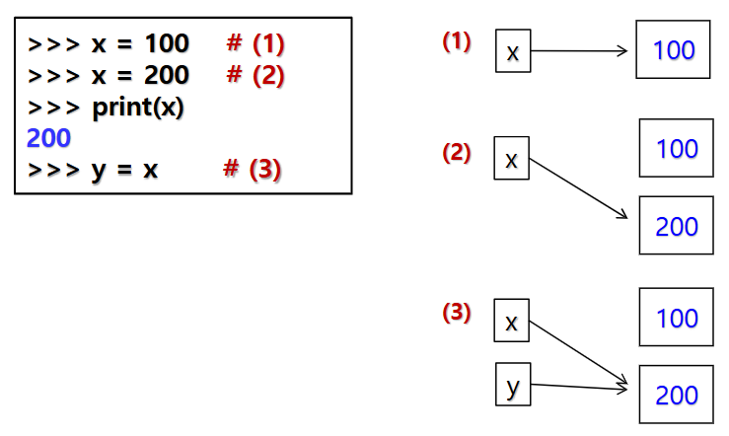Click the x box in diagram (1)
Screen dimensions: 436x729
pyautogui.click(x=513, y=52)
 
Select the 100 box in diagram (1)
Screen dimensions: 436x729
pyautogui.click(x=674, y=50)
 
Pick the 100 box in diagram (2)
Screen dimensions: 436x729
pyautogui.click(x=676, y=149)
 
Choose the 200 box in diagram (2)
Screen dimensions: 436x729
pyautogui.click(x=676, y=226)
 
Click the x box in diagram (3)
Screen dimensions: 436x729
pyautogui.click(x=511, y=322)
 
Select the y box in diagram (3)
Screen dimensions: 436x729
pyautogui.click(x=511, y=385)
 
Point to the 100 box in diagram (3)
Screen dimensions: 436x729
pyautogui.click(x=676, y=318)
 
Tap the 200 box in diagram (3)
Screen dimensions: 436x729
pyautogui.click(x=676, y=395)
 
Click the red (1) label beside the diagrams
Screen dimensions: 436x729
pyautogui.click(x=456, y=41)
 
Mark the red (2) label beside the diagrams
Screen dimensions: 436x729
pyautogui.click(x=456, y=153)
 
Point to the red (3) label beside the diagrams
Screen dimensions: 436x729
pyautogui.click(x=456, y=313)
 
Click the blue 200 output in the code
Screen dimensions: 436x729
pyautogui.click(x=48, y=138)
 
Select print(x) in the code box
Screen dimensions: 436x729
pyautogui.click(x=138, y=107)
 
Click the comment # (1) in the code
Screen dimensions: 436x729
pyautogui.click(x=255, y=44)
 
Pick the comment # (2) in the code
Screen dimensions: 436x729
pyautogui.click(x=255, y=75)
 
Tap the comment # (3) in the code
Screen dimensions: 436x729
pyautogui.click(x=252, y=169)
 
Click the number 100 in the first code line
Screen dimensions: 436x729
pyautogui.click(x=166, y=44)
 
